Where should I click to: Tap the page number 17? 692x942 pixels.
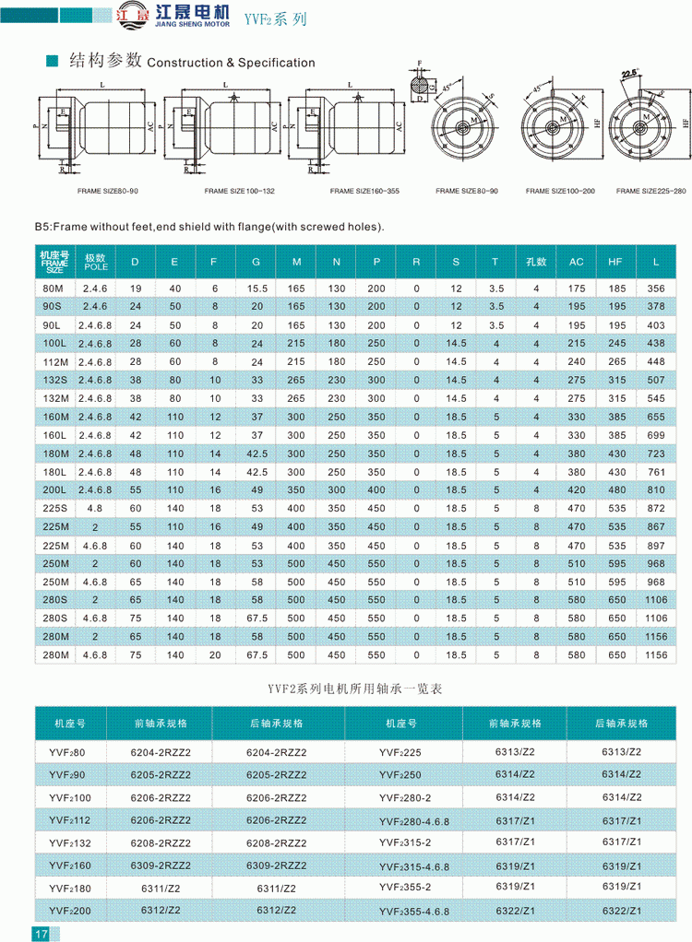tap(42, 933)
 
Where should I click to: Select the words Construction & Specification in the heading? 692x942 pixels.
tap(231, 63)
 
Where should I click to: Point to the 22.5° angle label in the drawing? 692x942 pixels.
tap(632, 73)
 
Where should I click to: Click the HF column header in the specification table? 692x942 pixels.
tap(616, 262)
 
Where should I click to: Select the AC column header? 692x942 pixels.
tap(577, 262)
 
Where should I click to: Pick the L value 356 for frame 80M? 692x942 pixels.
tap(656, 288)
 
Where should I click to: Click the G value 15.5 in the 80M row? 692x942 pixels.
tap(257, 288)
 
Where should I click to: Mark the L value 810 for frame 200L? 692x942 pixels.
tap(656, 489)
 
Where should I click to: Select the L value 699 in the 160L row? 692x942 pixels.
tap(656, 434)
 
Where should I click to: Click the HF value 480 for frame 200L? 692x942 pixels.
tap(616, 489)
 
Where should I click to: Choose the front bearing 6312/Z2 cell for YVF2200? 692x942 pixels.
tap(160, 910)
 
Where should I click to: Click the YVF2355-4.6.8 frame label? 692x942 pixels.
tap(413, 912)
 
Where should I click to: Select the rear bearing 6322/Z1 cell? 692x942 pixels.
tap(621, 910)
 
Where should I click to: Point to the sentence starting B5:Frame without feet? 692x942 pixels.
tap(209, 227)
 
